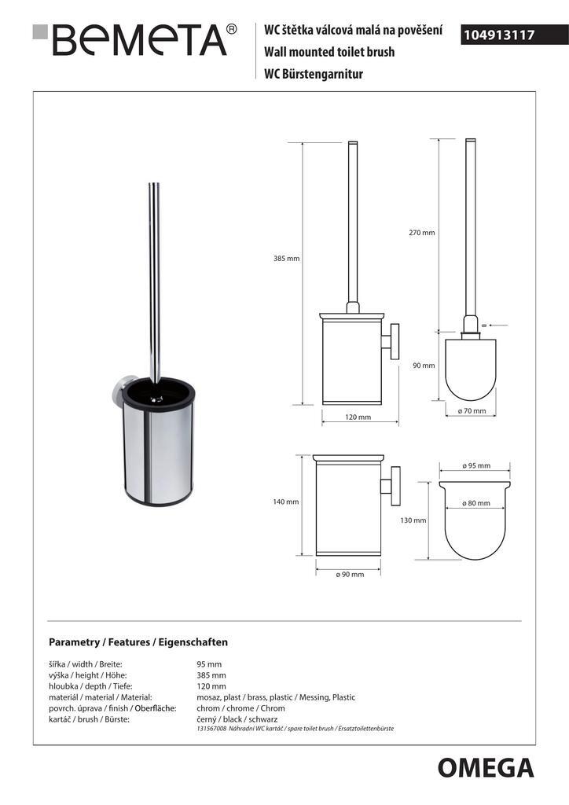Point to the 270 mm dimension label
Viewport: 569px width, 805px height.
pyautogui.click(x=421, y=233)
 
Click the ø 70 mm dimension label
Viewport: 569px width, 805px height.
pyautogui.click(x=472, y=410)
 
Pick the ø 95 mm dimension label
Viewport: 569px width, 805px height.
pyautogui.click(x=475, y=466)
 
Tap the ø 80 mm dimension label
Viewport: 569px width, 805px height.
pyautogui.click(x=475, y=503)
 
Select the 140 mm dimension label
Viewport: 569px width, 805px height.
pyautogui.click(x=286, y=502)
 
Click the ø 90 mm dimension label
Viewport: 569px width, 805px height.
pyautogui.click(x=350, y=574)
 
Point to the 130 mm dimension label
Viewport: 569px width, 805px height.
pyautogui.click(x=413, y=520)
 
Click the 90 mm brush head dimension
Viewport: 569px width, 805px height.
pyautogui.click(x=423, y=365)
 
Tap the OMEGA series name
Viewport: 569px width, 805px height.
pyautogui.click(x=485, y=767)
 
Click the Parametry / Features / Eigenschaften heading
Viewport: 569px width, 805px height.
pyautogui.click(x=138, y=641)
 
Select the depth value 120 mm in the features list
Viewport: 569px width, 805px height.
pyautogui.click(x=211, y=686)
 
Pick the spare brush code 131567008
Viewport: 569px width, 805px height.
pyautogui.click(x=211, y=730)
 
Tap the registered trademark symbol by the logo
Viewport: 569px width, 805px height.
pyautogui.click(x=231, y=29)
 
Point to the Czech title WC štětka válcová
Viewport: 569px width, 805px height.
pyautogui.click(x=351, y=31)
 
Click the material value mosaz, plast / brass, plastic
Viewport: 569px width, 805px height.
pyautogui.click(x=276, y=697)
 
